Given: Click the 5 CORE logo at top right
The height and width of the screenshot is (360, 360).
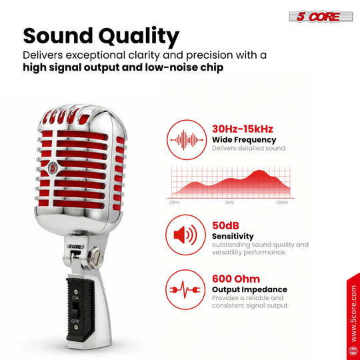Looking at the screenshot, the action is point(321,17).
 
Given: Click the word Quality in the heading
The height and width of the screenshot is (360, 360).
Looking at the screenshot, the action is point(139,37).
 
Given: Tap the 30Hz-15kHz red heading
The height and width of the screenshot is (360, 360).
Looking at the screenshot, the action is point(243,129).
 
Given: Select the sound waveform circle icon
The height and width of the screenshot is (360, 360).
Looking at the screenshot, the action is point(187,139).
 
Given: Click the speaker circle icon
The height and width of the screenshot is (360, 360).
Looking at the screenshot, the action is point(185,235).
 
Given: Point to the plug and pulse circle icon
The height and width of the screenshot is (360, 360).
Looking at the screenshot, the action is point(185,289).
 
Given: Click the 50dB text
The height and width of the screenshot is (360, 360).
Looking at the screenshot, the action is point(225,225).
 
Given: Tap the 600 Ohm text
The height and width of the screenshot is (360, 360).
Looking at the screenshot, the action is point(236,279).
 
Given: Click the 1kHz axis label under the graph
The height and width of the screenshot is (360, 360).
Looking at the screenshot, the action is point(229,202).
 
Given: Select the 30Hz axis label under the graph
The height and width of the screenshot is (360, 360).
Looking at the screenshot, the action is point(174,202).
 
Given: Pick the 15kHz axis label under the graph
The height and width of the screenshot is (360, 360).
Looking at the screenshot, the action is point(282,202).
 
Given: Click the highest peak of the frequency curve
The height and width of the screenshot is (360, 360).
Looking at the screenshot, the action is point(259,171).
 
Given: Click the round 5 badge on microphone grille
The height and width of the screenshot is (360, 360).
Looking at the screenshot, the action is point(53,168).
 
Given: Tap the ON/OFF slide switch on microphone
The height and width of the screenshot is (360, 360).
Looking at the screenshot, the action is point(75,310).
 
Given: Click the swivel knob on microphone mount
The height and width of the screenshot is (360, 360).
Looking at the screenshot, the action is point(96,257).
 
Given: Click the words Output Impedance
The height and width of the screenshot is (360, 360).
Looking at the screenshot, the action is point(249,289).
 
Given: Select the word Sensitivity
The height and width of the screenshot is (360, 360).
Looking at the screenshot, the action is point(233,236).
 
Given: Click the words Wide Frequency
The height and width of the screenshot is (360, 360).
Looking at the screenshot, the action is point(244,139).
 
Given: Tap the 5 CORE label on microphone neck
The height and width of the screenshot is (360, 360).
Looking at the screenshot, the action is point(75,247).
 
